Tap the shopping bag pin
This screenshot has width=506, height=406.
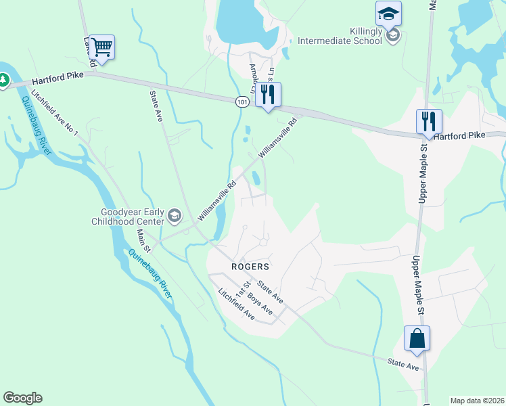tap(417, 338)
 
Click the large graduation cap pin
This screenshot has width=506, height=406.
tap(389, 14)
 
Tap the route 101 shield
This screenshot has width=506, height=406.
tap(242, 101)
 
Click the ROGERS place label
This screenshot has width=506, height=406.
tap(250, 267)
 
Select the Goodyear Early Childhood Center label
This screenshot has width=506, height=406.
tap(128, 216)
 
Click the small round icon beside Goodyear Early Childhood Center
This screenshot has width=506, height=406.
tap(175, 216)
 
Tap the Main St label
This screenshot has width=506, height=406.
tap(143, 240)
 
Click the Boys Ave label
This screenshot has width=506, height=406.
tap(259, 304)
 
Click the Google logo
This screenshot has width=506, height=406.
tap(22, 398)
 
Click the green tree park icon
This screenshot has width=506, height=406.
tap(3, 81)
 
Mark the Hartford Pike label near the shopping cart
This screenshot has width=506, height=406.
tap(57, 78)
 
